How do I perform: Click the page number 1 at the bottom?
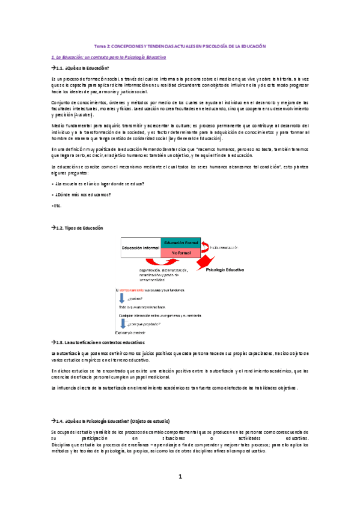click(180, 476)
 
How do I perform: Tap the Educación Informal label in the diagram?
click(141, 248)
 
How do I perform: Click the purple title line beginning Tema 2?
click(180, 46)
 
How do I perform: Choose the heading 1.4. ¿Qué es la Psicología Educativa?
click(114, 419)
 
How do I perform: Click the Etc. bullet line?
click(58, 206)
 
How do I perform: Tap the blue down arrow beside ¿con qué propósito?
click(123, 321)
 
